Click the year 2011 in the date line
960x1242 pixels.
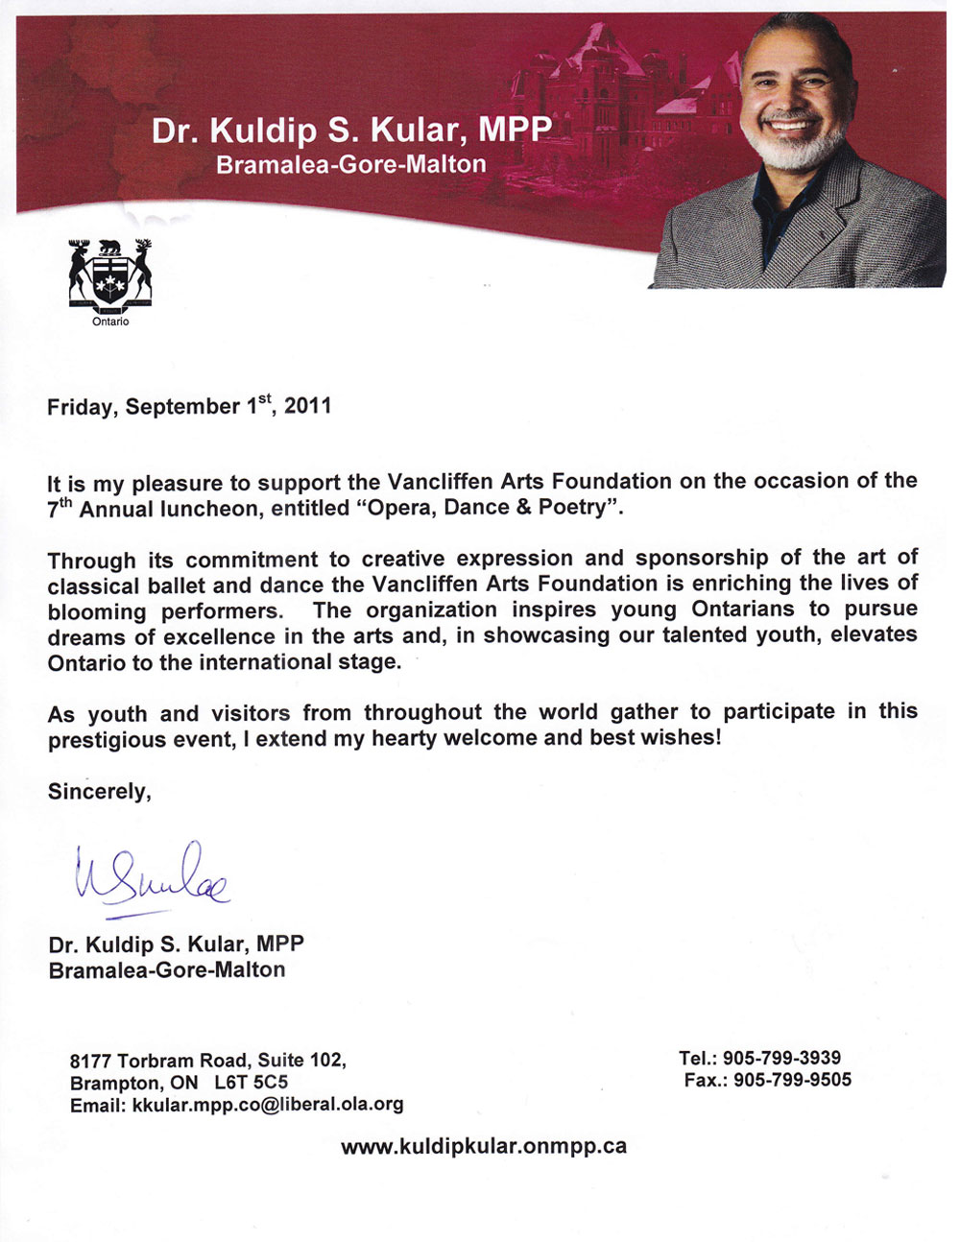click(x=308, y=406)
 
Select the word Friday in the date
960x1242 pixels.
click(x=80, y=407)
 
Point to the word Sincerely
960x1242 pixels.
click(x=99, y=792)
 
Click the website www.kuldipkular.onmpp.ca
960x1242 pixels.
click(x=483, y=1146)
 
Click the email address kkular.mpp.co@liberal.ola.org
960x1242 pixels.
click(x=268, y=1105)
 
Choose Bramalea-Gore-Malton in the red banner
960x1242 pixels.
click(x=350, y=165)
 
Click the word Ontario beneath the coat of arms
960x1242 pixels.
click(x=110, y=322)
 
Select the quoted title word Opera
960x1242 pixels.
click(x=398, y=508)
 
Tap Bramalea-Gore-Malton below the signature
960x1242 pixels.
click(x=167, y=970)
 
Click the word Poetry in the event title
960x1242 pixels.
click(x=577, y=508)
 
